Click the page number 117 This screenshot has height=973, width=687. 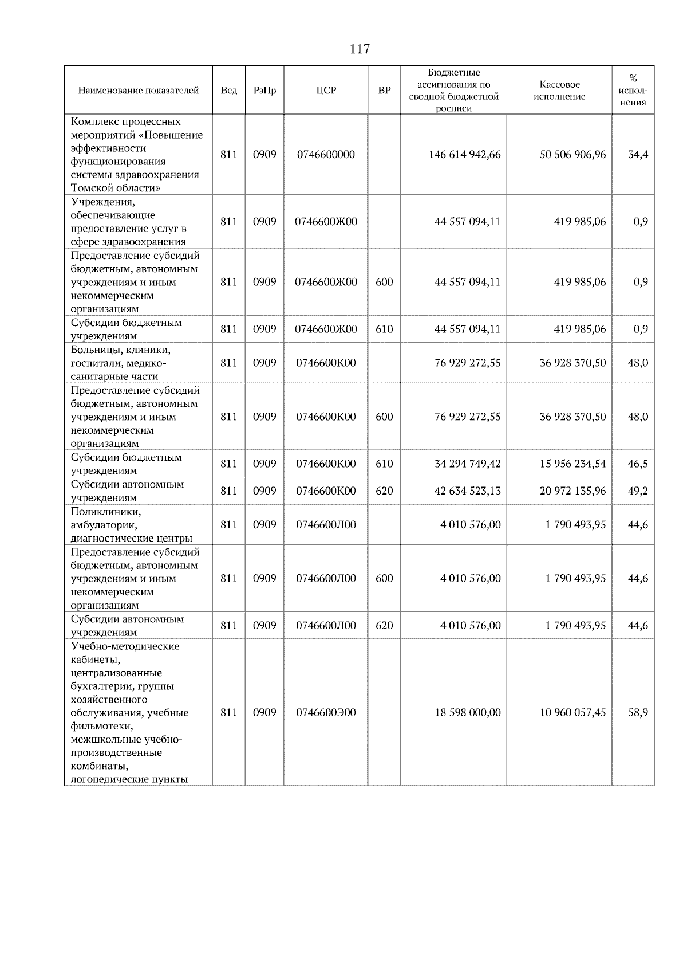point(360,49)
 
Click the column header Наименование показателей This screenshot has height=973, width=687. point(139,91)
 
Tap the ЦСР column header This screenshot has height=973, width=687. point(326,91)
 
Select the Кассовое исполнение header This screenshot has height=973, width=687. point(559,91)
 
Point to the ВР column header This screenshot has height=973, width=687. point(384,91)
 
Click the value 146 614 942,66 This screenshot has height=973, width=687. point(464,155)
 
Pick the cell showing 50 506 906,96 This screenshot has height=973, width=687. point(572,155)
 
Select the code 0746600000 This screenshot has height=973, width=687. point(326,155)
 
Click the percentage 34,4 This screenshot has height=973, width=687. point(638,155)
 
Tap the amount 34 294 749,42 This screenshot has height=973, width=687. point(467,464)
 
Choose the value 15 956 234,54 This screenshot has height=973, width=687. point(572,464)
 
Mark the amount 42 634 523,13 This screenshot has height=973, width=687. point(467,491)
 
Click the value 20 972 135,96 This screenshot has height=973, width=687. point(572,491)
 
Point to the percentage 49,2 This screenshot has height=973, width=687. point(638,491)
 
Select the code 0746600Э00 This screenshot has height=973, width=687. point(326,712)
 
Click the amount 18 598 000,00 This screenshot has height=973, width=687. point(467,712)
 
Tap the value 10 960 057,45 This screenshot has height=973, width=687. point(572,712)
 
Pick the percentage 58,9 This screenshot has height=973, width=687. point(638,712)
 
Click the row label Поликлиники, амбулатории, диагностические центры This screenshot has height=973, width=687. point(131,524)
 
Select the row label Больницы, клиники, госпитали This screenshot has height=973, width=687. point(121,363)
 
